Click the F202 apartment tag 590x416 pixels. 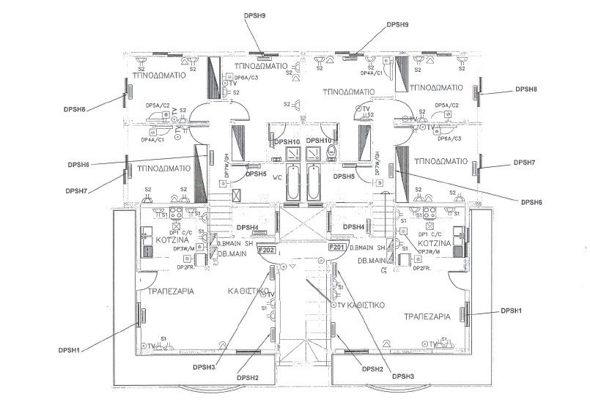266,249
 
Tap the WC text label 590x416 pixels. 278,177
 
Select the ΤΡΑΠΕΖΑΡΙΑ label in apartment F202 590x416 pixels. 170,291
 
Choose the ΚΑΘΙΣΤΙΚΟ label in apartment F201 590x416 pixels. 366,304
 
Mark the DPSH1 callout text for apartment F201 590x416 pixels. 511,311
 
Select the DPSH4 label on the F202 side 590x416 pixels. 246,227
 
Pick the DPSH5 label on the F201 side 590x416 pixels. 344,177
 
